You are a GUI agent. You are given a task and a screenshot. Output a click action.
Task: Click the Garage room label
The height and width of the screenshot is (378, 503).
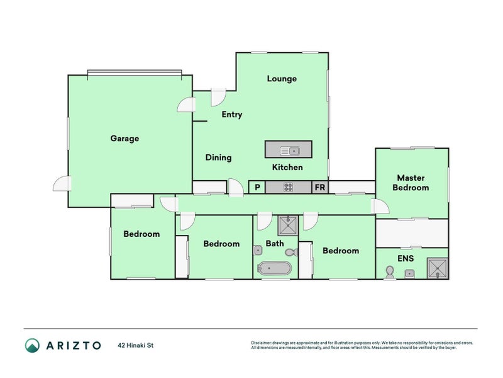point(124,139)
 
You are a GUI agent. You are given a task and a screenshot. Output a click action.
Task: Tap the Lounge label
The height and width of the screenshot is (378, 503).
point(282,79)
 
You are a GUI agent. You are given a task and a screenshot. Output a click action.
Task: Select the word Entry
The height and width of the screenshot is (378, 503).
point(231,115)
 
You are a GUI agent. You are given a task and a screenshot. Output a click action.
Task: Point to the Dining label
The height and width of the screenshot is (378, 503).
point(218,157)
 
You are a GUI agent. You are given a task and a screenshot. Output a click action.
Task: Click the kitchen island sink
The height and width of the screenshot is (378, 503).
point(290,151)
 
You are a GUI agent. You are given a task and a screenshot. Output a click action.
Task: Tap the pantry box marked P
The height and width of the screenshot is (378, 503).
point(257,187)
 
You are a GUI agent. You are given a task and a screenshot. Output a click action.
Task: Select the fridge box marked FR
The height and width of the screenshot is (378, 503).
point(320,187)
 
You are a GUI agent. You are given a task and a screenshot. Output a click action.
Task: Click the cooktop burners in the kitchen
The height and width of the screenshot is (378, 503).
point(288,187)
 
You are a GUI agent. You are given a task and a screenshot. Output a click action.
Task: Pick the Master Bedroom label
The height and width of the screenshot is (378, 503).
point(411,183)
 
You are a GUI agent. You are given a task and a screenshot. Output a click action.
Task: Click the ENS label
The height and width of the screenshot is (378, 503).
point(406,258)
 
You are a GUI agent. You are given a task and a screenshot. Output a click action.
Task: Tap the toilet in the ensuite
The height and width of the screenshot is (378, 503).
point(390,272)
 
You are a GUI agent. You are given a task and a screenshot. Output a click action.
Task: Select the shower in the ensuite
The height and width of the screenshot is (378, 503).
point(437,268)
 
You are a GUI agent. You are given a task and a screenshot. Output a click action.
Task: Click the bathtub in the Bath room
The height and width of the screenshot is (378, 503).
point(275,268)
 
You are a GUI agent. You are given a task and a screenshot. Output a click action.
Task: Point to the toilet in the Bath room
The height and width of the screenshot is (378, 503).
point(292,252)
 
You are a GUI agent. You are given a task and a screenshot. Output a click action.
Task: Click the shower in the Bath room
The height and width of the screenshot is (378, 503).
point(288,226)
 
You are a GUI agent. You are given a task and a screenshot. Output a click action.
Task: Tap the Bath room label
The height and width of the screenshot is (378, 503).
point(275,244)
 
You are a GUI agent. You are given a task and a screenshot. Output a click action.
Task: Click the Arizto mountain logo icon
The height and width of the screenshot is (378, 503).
point(33,345)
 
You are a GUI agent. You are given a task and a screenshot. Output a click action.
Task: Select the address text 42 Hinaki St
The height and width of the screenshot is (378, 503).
point(136,345)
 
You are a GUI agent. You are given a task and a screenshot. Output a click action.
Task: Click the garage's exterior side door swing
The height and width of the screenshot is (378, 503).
point(62,183)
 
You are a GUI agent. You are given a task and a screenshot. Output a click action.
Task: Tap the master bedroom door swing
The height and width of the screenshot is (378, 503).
point(380,206)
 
